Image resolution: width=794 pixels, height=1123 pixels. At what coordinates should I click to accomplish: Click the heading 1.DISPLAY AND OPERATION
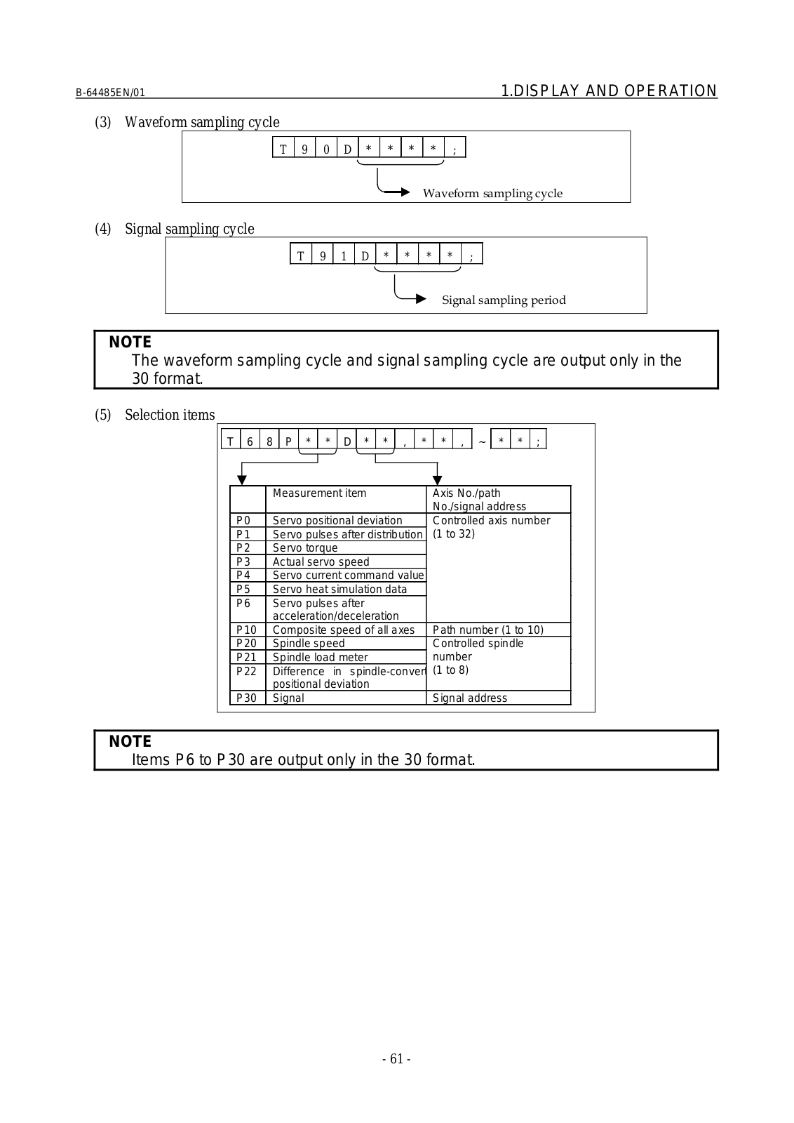(609, 91)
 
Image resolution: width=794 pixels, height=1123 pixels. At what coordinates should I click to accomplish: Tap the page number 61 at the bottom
(396, 1059)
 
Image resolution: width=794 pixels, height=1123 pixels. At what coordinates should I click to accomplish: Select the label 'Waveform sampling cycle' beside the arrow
(492, 194)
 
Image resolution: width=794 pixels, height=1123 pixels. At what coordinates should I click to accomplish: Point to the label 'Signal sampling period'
(504, 300)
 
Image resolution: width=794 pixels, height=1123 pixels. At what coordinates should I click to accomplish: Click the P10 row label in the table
(246, 630)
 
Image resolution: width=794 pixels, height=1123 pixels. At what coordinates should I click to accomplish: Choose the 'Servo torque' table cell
(305, 548)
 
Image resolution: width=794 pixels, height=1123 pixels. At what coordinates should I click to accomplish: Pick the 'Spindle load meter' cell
(320, 658)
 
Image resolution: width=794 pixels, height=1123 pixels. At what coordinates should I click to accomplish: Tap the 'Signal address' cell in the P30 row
(470, 698)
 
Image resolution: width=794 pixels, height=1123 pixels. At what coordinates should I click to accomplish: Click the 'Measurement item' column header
(319, 493)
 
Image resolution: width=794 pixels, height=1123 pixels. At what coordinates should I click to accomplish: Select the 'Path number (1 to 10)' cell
(488, 630)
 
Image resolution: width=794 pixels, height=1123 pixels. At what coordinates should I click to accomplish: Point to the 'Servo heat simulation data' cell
(339, 590)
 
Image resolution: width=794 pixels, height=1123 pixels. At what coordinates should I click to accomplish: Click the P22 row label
(246, 671)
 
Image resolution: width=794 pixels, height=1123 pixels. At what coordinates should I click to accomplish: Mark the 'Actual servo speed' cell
(321, 562)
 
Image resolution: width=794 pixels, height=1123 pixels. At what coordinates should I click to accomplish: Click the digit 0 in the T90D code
(326, 149)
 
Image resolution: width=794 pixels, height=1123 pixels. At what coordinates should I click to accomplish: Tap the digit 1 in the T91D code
(344, 256)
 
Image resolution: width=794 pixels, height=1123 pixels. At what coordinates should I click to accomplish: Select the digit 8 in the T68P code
(269, 441)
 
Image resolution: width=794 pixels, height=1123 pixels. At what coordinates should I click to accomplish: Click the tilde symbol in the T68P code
(482, 442)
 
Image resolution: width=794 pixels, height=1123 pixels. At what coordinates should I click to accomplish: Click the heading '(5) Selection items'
(155, 415)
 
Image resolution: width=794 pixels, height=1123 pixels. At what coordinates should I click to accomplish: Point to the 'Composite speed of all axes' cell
(344, 630)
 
